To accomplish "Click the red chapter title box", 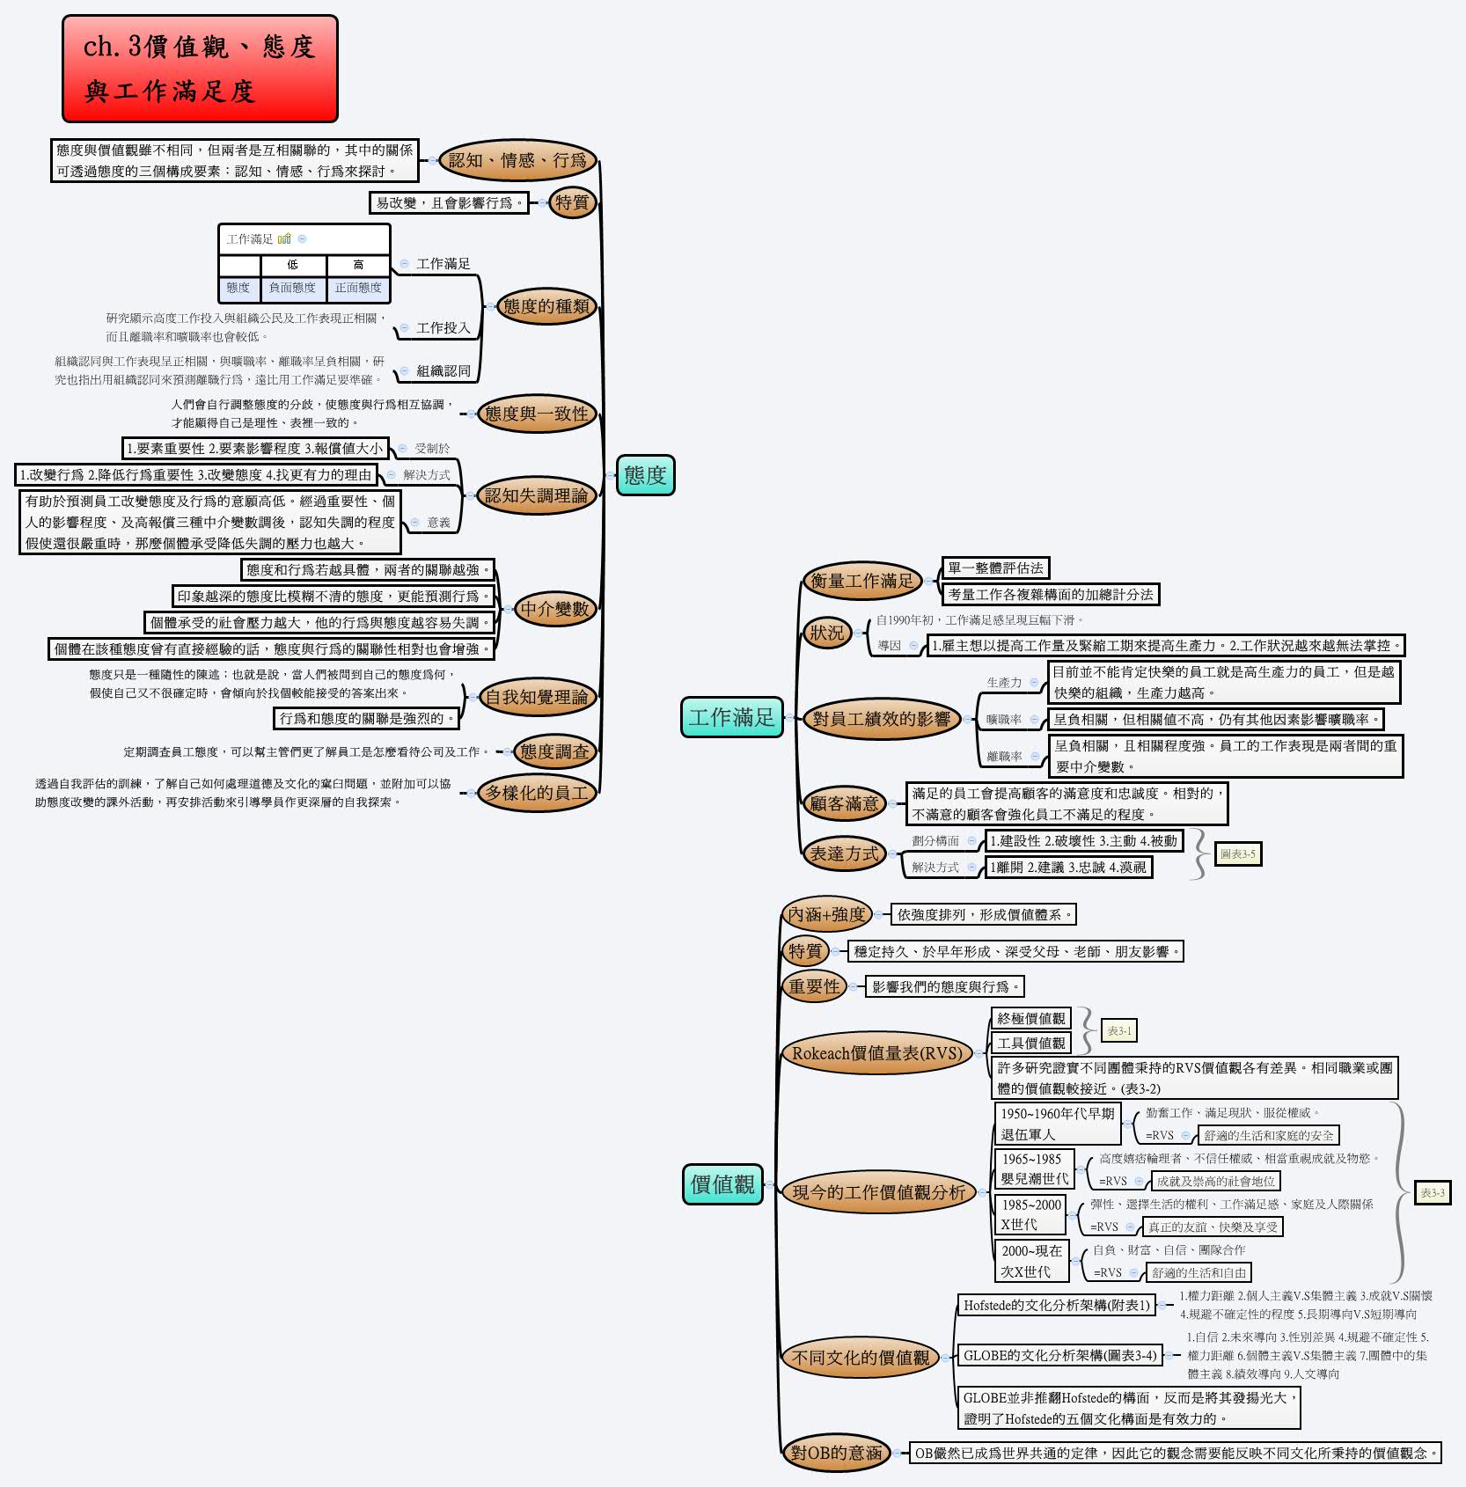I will (200, 69).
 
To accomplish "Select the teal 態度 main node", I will (645, 475).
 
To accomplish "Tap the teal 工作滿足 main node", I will (731, 717).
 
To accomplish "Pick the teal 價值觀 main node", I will (722, 1184).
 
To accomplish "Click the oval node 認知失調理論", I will (536, 495).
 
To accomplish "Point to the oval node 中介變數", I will (554, 609).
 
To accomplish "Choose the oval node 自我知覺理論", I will (537, 697).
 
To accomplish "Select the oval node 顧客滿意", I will (844, 802).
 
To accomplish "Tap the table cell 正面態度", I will (358, 288).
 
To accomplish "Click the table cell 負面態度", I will (292, 288).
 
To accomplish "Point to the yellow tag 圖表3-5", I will (1237, 853).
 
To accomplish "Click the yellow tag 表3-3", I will (1432, 1193).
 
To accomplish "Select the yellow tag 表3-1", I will (1118, 1030).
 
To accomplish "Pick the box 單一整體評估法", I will (995, 568).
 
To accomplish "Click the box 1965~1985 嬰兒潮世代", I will (1034, 1169).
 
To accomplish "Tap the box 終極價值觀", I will (1030, 1018).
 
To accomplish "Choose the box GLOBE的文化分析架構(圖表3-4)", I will (1059, 1355).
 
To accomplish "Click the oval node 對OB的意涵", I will (836, 1453).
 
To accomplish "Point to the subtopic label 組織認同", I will (443, 371).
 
